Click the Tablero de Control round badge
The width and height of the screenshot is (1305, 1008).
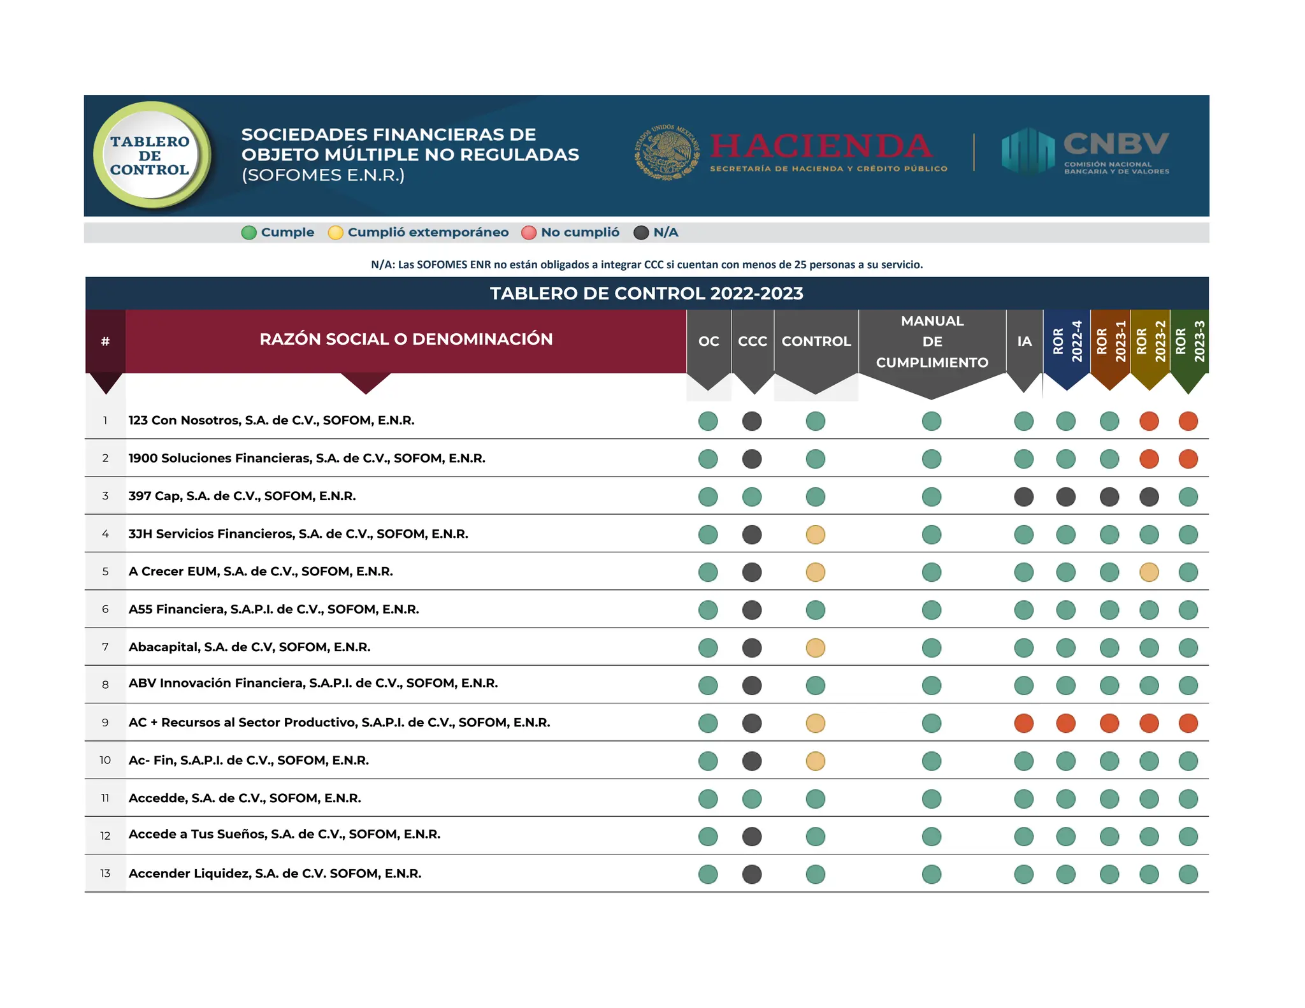150,155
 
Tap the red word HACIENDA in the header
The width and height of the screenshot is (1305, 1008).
821,146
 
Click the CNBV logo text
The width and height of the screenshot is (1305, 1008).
1116,144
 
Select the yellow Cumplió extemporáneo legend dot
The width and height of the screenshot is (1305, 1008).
335,233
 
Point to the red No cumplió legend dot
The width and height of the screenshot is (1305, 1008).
528,233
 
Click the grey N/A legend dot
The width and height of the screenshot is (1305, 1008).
641,233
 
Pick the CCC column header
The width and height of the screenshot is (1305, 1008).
753,342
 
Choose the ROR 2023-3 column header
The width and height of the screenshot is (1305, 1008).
1190,342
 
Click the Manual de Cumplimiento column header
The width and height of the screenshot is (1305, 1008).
932,342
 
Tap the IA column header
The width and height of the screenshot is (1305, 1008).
1024,342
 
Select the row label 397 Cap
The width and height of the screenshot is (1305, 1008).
242,496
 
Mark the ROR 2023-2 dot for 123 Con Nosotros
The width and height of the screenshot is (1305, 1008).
1149,421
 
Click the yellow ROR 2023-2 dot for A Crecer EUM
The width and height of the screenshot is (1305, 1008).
1149,572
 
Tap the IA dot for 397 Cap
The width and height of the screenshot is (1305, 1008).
1024,497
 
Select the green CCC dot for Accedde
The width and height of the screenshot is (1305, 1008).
752,799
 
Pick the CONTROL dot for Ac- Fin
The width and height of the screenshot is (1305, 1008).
816,761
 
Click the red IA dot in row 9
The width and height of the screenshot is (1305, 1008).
1024,723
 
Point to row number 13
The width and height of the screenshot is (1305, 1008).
105,874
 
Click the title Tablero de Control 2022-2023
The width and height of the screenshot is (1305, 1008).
646,294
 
